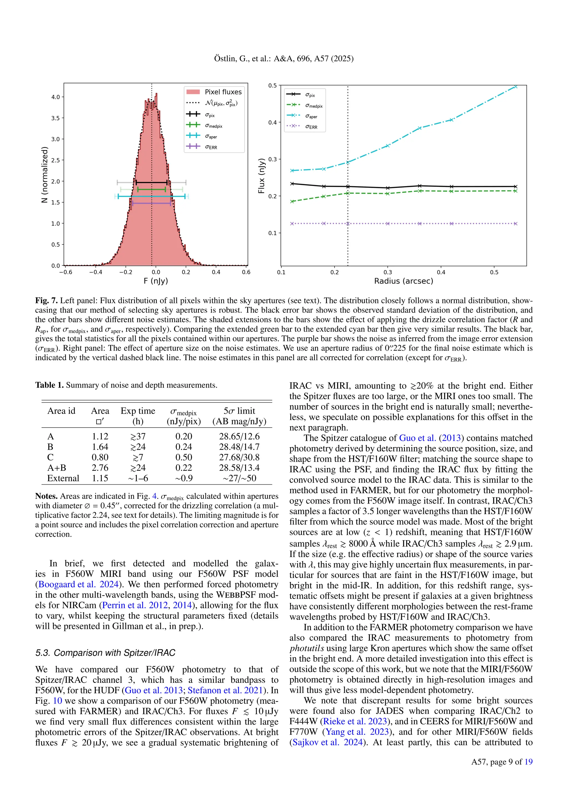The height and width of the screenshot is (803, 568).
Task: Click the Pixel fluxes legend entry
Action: point(223,92)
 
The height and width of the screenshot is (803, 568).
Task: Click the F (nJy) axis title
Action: point(156,281)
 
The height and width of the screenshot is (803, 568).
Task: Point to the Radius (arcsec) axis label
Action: point(403,281)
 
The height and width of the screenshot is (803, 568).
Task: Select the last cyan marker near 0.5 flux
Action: point(515,87)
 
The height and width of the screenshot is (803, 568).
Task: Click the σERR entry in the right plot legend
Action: point(311,127)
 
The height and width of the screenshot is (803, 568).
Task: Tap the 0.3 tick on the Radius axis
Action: point(387,272)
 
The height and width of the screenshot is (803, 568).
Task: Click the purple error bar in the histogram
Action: point(151,203)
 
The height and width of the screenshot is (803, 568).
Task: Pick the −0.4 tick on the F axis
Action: point(95,272)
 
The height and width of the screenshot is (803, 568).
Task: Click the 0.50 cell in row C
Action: point(184,457)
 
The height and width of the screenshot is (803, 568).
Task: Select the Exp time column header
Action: point(138,411)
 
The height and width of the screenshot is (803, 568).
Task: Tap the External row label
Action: point(63,478)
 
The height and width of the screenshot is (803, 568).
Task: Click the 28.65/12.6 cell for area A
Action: point(239,436)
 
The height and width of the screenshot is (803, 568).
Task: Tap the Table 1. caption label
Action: point(49,385)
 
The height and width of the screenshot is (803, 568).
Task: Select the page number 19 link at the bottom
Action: point(528,761)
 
